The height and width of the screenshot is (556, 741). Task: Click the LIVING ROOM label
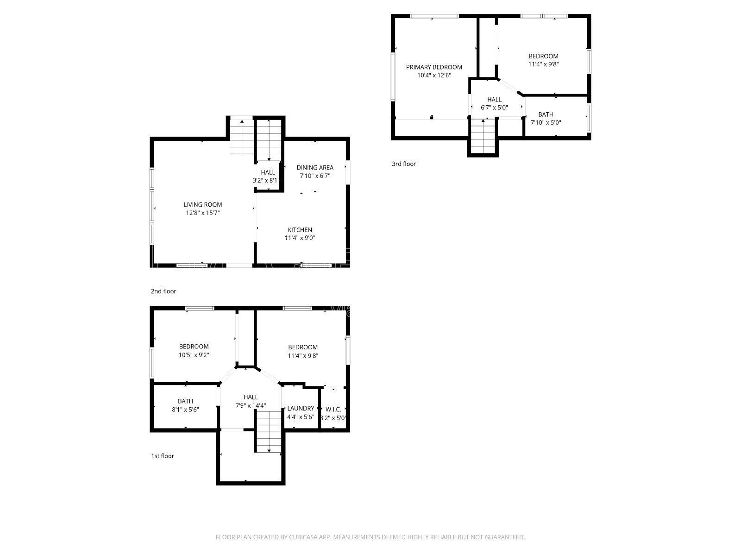point(202,205)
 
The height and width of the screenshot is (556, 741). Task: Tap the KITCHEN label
point(300,230)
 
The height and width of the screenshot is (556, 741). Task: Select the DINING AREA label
point(315,167)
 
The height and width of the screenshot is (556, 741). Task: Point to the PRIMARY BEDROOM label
point(434,67)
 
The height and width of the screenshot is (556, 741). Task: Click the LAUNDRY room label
point(301,409)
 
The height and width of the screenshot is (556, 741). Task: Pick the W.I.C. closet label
point(333,410)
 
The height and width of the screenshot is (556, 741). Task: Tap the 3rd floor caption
point(404,164)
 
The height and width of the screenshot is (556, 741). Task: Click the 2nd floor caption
point(163,291)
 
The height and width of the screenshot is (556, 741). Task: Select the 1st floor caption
point(163,456)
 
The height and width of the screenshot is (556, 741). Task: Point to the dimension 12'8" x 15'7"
point(202,213)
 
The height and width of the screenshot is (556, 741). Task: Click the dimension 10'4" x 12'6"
point(434,75)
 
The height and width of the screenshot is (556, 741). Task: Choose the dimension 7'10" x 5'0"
point(546,122)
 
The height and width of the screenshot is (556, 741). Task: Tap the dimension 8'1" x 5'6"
point(185,410)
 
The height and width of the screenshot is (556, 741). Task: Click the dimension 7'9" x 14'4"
point(251,405)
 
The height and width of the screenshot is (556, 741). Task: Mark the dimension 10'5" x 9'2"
point(194,355)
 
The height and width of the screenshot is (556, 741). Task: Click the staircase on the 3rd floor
point(483,136)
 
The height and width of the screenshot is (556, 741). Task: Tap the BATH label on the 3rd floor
point(546,114)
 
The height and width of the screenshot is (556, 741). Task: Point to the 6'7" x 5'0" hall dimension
point(494,107)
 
